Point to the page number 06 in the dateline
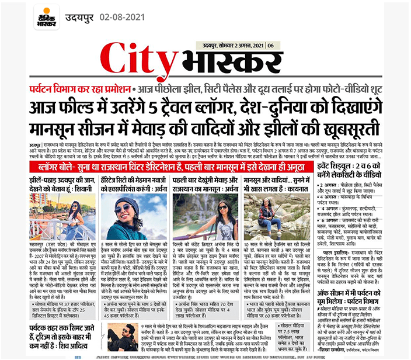click(x=270, y=45)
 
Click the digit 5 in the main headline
click(x=160, y=109)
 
